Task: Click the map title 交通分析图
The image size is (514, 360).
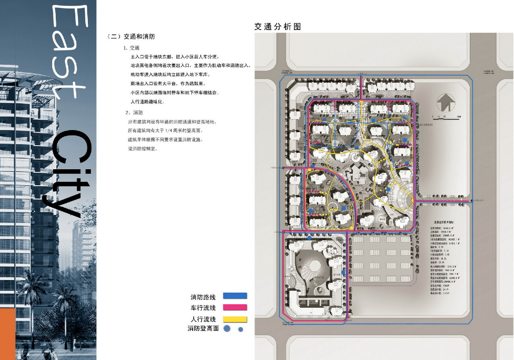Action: pyautogui.click(x=278, y=27)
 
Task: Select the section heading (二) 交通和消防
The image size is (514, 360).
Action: pyautogui.click(x=131, y=37)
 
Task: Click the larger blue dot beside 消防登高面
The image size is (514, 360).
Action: pyautogui.click(x=227, y=329)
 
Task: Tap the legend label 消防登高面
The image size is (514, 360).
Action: pyautogui.click(x=203, y=328)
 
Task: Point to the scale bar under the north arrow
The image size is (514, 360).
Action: pyautogui.click(x=445, y=117)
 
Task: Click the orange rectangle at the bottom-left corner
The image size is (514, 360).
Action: pyautogui.click(x=8, y=334)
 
